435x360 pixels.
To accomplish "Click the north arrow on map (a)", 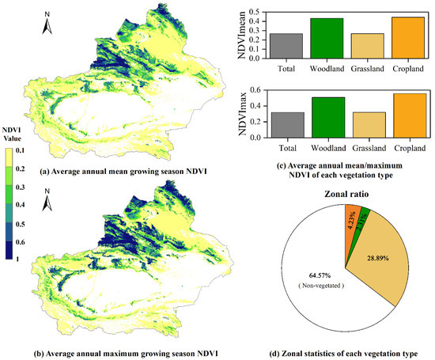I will (47, 27).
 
